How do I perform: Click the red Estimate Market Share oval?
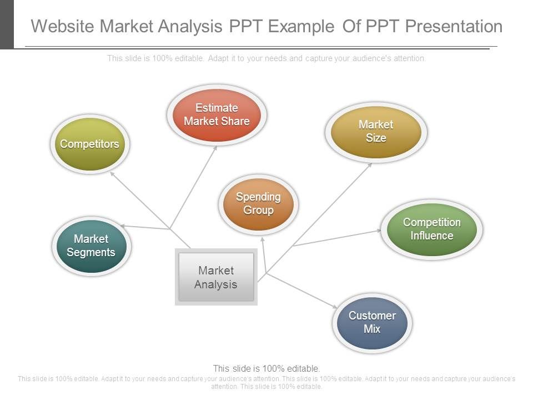coord(217,115)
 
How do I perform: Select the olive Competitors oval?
coord(89,144)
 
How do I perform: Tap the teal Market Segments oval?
coord(91,246)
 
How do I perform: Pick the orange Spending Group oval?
coord(258,203)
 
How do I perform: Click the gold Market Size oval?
coord(376,131)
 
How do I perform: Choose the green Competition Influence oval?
coord(431,229)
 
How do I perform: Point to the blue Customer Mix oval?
coord(372,322)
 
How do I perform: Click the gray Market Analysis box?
coord(216,277)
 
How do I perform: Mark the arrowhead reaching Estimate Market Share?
coord(216,148)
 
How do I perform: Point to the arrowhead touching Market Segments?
coord(123,226)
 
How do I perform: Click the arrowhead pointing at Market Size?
coord(370,164)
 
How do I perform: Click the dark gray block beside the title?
coord(7,24)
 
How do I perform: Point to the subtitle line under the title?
coord(266,58)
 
